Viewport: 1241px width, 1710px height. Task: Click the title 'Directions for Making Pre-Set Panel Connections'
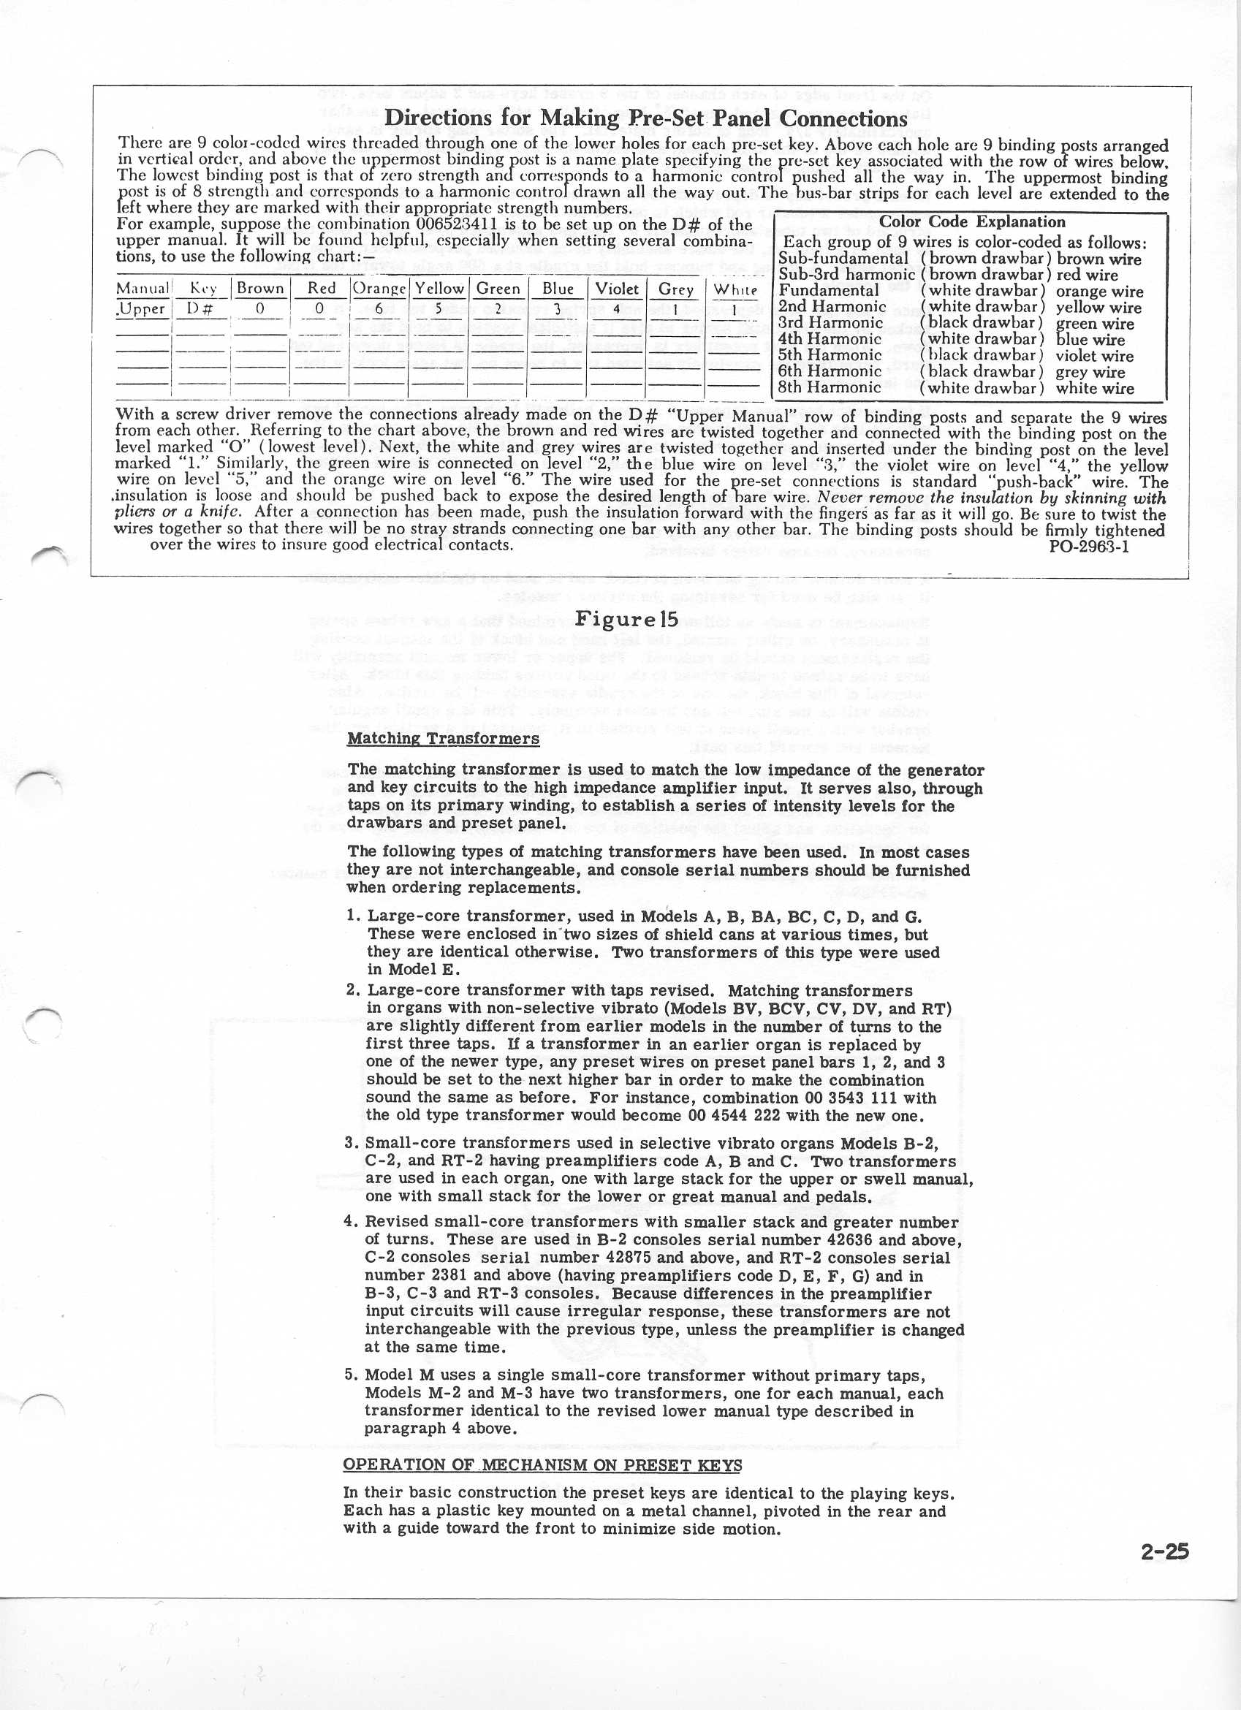pos(645,119)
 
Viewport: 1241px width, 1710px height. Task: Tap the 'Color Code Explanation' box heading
pos(972,222)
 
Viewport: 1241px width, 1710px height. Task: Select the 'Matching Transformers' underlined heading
pos(443,739)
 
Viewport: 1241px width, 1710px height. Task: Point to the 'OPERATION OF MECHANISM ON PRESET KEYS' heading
pos(542,1465)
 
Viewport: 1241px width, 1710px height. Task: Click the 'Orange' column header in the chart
pos(380,289)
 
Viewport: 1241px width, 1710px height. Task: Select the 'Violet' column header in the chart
pos(617,289)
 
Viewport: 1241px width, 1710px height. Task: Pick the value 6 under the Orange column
pos(379,308)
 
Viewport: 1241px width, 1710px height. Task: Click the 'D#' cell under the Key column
pos(200,308)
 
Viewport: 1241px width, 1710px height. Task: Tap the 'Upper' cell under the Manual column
pos(142,309)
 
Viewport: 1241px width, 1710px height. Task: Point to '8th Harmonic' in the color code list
pos(830,387)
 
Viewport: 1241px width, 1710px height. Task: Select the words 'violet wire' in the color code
pos(1095,356)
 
